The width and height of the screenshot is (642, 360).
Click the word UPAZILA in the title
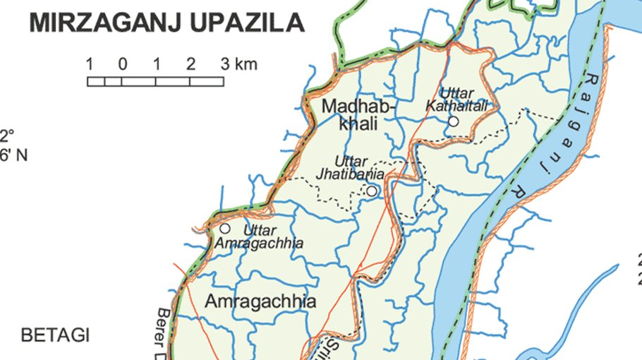(249, 23)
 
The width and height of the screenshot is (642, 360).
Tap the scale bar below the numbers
(155, 81)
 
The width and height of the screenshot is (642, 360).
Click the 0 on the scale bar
(122, 65)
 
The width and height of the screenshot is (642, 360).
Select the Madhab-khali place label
(359, 115)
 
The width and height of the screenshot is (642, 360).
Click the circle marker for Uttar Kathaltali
(453, 121)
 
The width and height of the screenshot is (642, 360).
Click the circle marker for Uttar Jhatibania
(372, 191)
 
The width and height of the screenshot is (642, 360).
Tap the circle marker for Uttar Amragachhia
(225, 229)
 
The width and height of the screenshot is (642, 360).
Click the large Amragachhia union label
(260, 301)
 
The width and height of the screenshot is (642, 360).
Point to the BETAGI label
(56, 335)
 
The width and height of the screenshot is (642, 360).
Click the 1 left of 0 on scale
(90, 65)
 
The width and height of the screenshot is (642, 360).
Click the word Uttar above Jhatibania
(351, 161)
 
